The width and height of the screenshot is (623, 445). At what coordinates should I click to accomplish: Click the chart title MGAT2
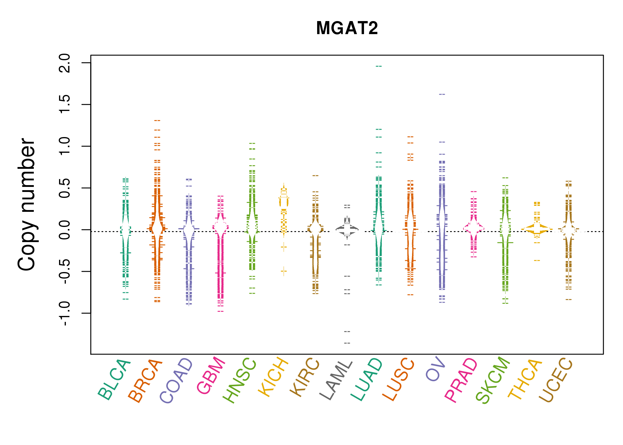(347, 28)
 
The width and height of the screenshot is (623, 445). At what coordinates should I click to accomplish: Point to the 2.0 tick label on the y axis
(65, 63)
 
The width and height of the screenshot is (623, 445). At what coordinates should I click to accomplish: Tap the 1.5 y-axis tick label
(65, 104)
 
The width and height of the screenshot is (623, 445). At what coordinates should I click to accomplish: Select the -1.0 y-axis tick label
(65, 313)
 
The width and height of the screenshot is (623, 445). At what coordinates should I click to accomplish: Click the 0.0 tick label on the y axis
(65, 230)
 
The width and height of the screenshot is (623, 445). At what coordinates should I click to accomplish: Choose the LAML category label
(336, 380)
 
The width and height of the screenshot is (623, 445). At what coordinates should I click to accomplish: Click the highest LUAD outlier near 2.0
(379, 66)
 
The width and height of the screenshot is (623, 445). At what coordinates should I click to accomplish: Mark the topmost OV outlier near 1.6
(442, 94)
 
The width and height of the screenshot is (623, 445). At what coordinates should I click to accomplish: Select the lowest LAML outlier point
(347, 343)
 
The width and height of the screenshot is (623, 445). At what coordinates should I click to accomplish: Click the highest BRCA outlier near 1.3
(157, 120)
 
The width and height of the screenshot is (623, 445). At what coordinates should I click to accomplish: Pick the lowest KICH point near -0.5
(284, 271)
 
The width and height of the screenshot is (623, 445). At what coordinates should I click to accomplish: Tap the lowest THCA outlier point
(537, 260)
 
